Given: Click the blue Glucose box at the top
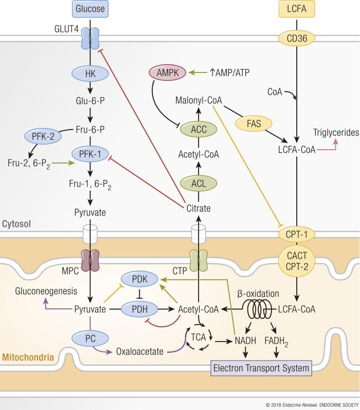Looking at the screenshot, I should tap(90, 9).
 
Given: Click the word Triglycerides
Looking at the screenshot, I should tap(335, 133).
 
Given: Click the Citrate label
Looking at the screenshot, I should tap(198, 208).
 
